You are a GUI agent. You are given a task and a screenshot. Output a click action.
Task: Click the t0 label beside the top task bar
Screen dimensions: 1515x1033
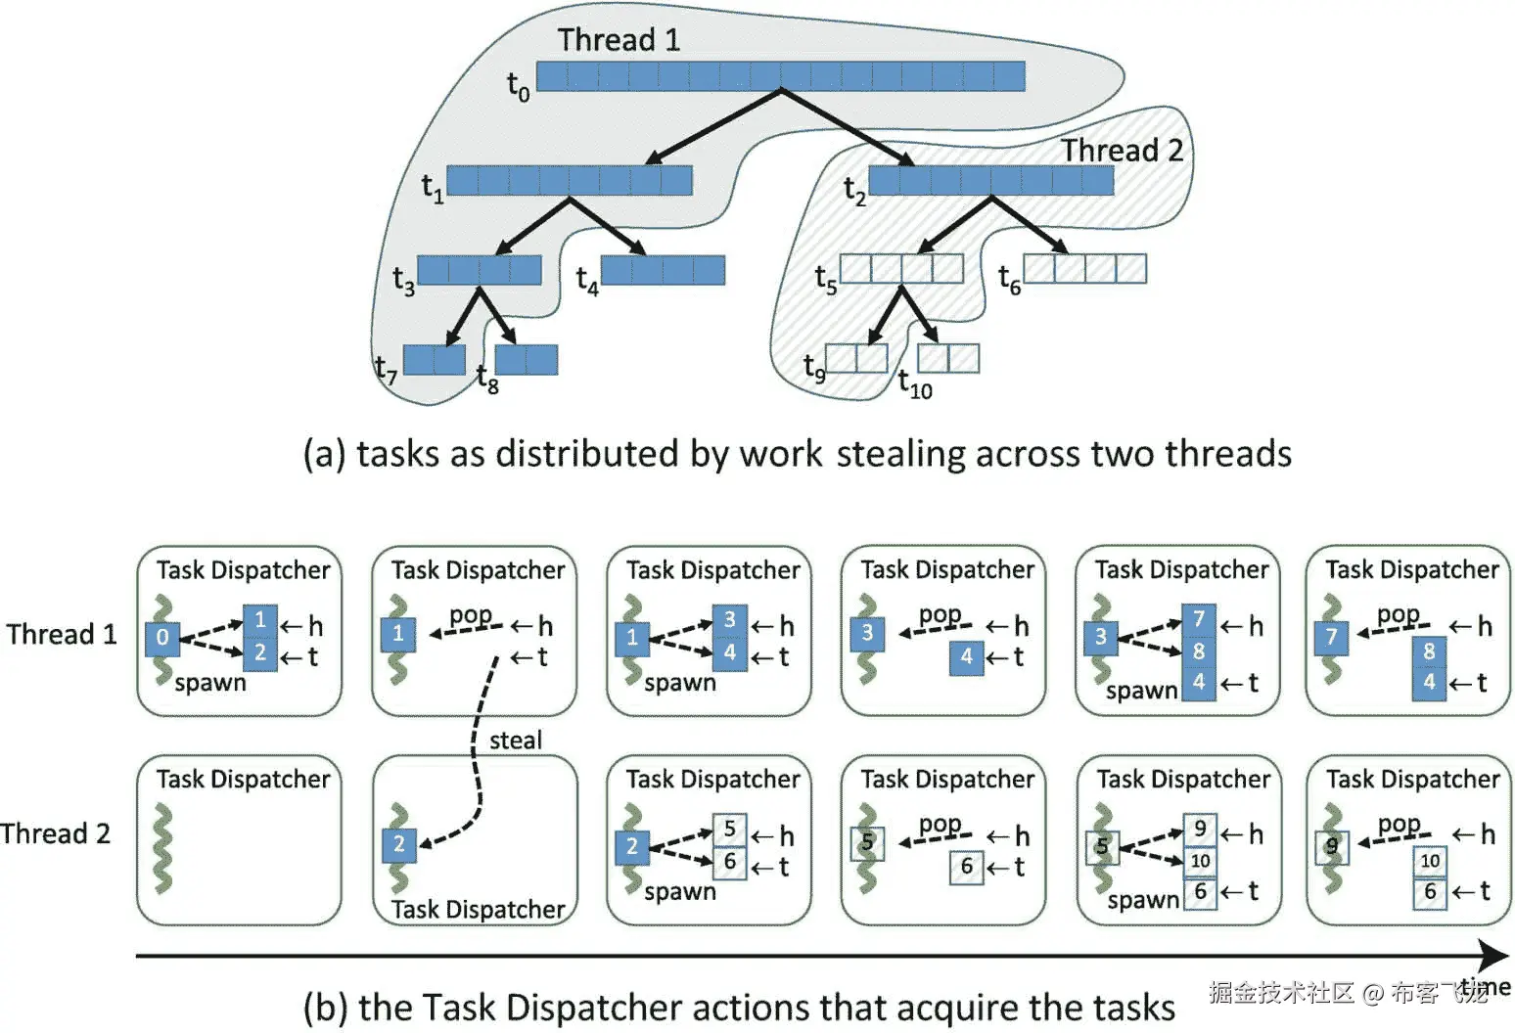click(519, 86)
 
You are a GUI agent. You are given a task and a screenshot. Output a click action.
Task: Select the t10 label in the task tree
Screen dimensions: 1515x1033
click(915, 384)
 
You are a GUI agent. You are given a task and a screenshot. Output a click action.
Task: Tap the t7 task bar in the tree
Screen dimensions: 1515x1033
click(435, 360)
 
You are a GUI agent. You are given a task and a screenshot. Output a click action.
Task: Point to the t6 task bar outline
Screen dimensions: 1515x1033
click(1084, 268)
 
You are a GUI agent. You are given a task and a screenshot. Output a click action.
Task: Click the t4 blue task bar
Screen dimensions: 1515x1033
click(663, 270)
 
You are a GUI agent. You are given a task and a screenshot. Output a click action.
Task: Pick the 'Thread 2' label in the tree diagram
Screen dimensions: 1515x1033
click(1122, 150)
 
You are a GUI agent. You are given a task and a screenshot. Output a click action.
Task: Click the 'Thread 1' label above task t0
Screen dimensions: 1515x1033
click(619, 39)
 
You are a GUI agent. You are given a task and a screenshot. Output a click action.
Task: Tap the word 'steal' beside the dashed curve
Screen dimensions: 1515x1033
click(516, 741)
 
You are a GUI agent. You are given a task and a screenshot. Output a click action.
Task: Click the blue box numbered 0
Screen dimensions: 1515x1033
click(162, 639)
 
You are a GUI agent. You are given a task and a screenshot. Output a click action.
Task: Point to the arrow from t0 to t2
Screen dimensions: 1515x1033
click(849, 128)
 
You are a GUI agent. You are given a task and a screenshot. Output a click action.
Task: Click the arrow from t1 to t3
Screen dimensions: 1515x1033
click(532, 226)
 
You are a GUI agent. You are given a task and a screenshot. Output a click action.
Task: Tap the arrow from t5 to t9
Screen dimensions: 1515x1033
click(884, 315)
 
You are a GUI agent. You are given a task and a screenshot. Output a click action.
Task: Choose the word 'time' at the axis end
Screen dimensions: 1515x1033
click(1486, 988)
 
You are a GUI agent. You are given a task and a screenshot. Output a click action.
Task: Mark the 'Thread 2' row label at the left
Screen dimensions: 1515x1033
click(56, 833)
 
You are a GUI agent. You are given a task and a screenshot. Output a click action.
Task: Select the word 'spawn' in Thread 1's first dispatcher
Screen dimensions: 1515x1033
click(210, 684)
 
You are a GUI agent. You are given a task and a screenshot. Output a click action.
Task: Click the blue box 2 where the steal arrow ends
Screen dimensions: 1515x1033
click(399, 845)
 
